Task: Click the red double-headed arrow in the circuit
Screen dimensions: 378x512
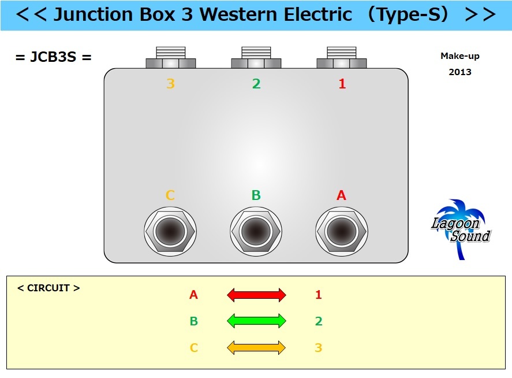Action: [x=256, y=295]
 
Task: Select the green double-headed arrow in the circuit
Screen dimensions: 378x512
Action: [x=256, y=321]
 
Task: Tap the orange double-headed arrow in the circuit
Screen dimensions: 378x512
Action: [x=256, y=347]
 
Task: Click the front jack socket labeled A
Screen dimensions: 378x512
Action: [x=342, y=231]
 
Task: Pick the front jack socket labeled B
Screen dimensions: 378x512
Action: [x=256, y=231]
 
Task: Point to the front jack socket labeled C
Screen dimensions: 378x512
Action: [x=170, y=231]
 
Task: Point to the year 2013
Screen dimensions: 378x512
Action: [x=460, y=72]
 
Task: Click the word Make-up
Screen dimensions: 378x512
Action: [x=460, y=56]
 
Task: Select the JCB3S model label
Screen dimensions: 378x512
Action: [x=54, y=57]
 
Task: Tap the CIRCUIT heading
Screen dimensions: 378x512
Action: [x=49, y=288]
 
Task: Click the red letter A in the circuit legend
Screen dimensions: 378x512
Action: [x=193, y=295]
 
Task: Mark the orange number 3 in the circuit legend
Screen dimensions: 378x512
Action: [x=318, y=348]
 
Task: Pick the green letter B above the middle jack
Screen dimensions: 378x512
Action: [x=256, y=195]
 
